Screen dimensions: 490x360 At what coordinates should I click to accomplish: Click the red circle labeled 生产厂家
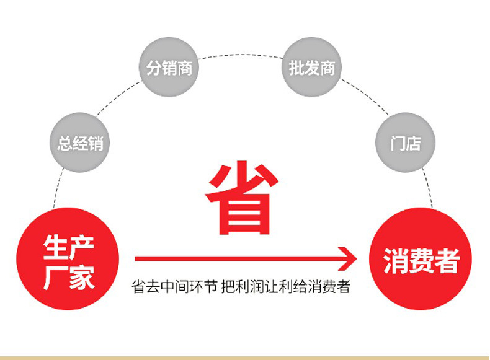[68, 258]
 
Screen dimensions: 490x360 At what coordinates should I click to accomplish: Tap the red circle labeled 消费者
[421, 258]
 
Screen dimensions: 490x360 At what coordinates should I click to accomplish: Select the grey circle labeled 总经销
[80, 143]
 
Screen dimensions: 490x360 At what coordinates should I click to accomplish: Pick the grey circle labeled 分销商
[169, 67]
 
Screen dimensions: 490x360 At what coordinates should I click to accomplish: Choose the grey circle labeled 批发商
[311, 67]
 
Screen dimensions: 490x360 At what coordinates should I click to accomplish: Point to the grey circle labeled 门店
[405, 143]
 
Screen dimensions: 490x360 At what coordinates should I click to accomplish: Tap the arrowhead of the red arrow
[347, 258]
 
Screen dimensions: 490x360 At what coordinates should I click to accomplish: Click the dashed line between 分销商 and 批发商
[240, 55]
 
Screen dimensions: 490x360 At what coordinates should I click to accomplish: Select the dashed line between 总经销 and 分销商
[117, 98]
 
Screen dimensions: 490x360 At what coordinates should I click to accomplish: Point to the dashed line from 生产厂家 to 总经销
[58, 188]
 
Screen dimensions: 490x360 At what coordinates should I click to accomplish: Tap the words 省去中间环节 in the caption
[174, 287]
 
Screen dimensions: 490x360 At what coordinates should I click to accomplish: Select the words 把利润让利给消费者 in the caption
[285, 287]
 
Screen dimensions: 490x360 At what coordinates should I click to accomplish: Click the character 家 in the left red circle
[82, 278]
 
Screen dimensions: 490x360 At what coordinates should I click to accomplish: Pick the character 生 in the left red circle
[56, 247]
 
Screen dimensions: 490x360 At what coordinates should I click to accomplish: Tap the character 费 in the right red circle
[421, 261]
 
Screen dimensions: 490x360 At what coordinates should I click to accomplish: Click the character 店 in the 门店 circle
[413, 143]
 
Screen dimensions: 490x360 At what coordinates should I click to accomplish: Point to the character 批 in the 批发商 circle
[296, 68]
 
